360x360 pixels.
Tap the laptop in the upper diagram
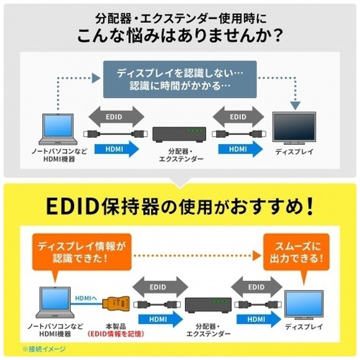click(58, 129)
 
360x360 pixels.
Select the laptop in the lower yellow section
click(55, 302)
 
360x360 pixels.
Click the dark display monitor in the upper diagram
click(294, 127)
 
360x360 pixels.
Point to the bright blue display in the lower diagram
click(304, 305)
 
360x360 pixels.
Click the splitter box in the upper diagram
click(179, 135)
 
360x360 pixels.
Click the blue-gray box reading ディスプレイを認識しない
click(180, 79)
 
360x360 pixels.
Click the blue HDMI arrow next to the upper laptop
click(117, 149)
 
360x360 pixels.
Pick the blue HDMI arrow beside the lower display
click(258, 319)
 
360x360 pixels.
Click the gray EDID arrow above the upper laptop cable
click(117, 117)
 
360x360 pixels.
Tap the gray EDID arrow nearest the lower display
click(256, 287)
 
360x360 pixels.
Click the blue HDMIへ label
click(86, 298)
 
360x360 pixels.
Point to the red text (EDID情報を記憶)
click(116, 334)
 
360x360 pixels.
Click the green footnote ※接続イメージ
click(44, 348)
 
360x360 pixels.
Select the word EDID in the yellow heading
click(73, 207)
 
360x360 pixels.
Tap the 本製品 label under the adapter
click(116, 326)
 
